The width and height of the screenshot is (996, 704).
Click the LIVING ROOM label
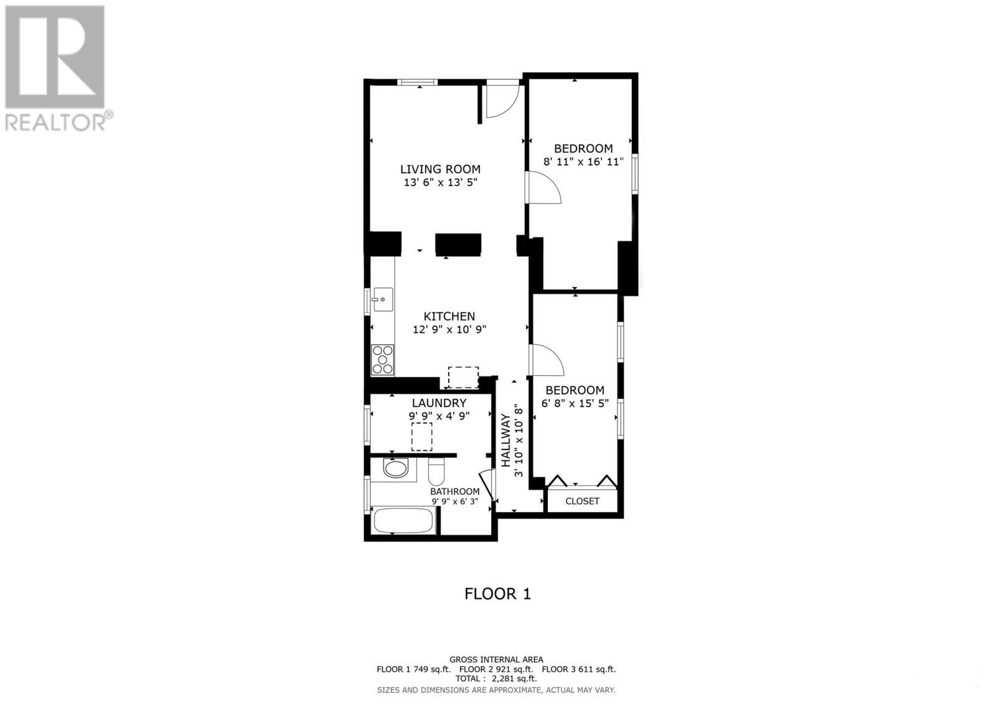tap(439, 169)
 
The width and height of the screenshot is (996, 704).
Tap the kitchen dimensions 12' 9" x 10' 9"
tap(449, 330)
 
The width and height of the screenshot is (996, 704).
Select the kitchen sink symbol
tap(382, 299)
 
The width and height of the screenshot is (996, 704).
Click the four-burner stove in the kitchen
tap(382, 359)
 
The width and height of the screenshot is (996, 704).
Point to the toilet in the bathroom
tap(436, 472)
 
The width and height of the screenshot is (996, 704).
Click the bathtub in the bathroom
tap(403, 520)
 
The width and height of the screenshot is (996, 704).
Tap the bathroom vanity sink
tap(395, 468)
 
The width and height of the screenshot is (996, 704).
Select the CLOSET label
tap(582, 501)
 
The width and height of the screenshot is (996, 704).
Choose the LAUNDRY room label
tap(439, 403)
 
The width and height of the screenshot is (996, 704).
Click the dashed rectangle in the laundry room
tap(422, 436)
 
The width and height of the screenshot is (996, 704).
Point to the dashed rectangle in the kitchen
tap(463, 377)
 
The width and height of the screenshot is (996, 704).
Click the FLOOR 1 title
tap(497, 594)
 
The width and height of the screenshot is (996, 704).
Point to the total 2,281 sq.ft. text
tap(496, 679)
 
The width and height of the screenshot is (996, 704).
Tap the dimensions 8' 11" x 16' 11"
tap(583, 162)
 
